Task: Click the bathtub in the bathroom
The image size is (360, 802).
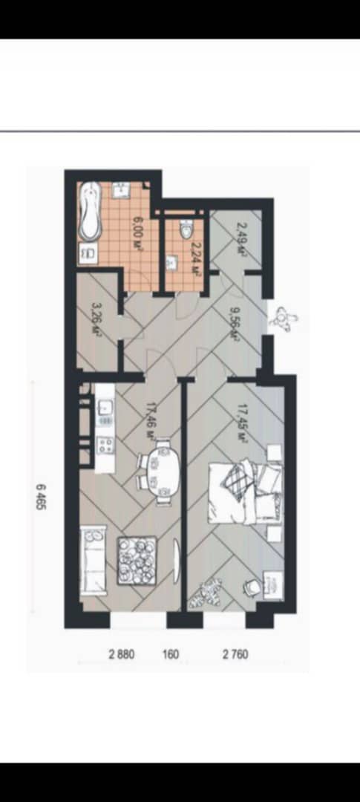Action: coord(91,212)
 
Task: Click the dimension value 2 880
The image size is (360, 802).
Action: coord(122,653)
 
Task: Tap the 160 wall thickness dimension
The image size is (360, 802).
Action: coord(171,653)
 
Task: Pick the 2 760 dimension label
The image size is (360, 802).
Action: coord(235,653)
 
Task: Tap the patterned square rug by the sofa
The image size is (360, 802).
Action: coord(137,560)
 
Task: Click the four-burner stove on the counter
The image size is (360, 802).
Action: coord(105,444)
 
